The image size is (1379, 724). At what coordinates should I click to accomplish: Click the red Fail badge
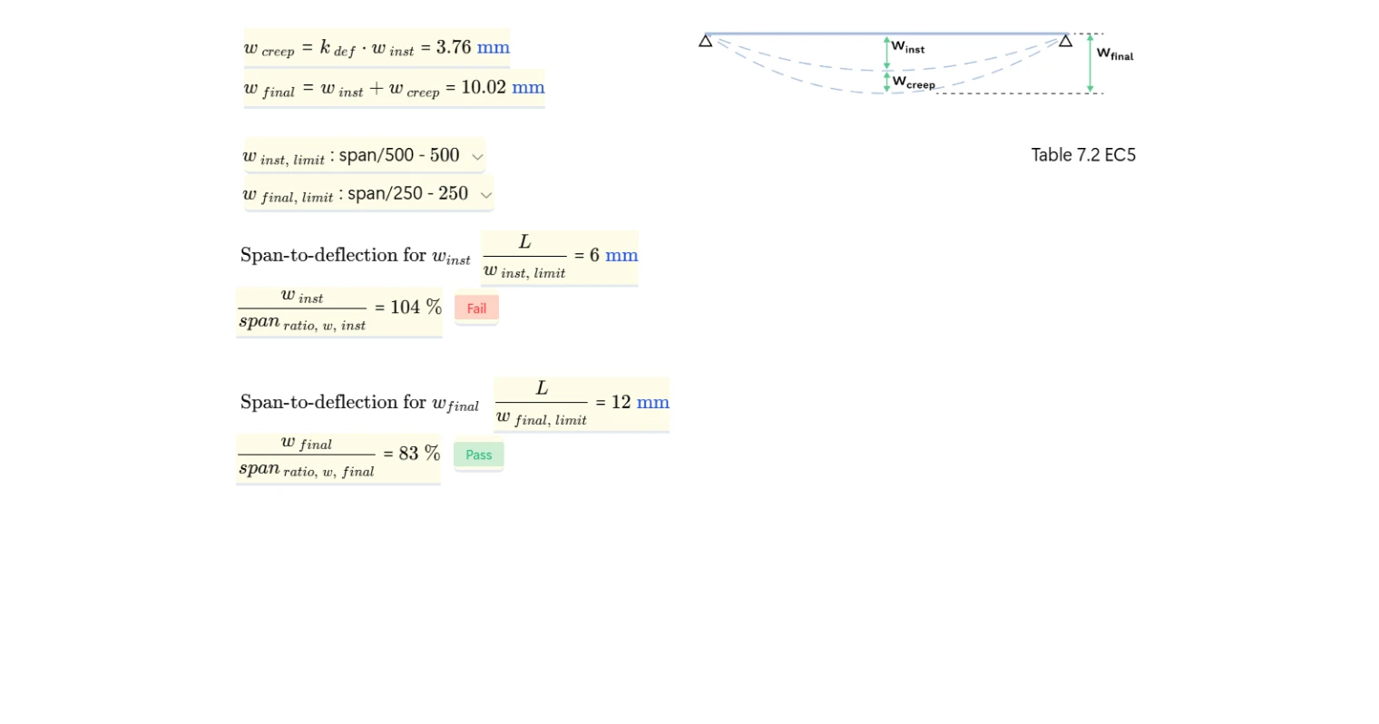476,308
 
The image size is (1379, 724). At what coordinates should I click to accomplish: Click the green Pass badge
478,455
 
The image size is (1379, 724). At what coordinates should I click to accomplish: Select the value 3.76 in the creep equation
454,47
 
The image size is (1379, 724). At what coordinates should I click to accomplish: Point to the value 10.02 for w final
484,87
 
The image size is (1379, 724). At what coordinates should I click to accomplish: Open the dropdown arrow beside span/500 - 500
477,157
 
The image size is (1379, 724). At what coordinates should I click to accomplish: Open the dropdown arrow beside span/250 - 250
486,195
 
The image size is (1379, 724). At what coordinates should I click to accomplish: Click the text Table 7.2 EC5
1083,155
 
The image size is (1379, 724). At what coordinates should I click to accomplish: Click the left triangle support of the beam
706,41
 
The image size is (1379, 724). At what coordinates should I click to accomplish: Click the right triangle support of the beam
1066,41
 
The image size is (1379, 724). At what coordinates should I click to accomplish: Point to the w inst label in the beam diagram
908,46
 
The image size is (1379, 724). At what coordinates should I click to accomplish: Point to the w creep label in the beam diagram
914,83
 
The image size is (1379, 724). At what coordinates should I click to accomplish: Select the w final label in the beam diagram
1115,54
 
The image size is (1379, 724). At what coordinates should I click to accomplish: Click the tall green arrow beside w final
1090,64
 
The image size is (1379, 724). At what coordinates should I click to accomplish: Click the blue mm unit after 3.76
494,47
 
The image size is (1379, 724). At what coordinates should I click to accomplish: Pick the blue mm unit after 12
653,402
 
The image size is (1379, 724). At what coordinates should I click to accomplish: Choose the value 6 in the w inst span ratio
594,255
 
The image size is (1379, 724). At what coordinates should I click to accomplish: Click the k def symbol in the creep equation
337,48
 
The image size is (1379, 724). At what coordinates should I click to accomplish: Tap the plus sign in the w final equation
376,88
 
